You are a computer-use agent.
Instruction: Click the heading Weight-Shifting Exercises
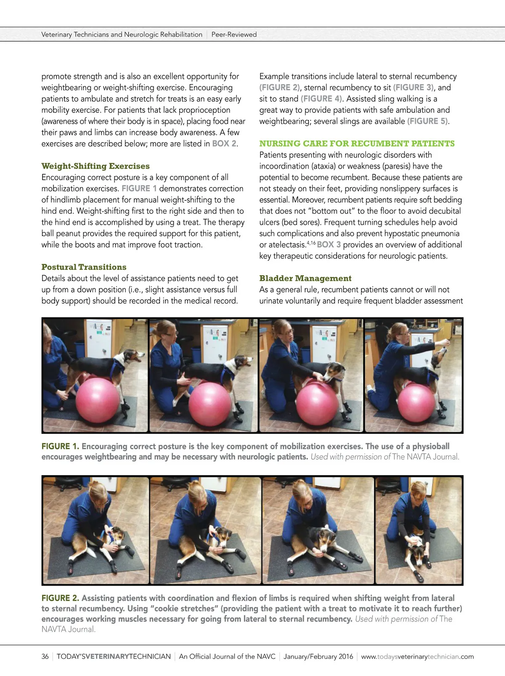coord(96,166)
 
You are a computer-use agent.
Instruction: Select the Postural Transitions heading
coord(84,267)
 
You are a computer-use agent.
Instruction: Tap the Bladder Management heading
coord(305,278)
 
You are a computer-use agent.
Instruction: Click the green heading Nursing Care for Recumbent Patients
coord(357,144)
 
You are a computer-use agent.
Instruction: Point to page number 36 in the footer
coord(45,656)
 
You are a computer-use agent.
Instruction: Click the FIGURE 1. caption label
coord(60,446)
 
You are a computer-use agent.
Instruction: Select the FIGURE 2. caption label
coord(60,598)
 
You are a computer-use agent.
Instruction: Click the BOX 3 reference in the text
coord(329,245)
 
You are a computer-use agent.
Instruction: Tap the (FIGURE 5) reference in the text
coord(428,121)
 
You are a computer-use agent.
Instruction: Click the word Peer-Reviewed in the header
coord(234,35)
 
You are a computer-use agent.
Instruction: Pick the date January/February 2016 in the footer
coord(319,656)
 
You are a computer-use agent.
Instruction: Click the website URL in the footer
coord(417,656)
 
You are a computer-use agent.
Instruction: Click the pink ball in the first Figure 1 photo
coord(97,400)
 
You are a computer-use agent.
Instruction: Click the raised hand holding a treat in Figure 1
coord(444,342)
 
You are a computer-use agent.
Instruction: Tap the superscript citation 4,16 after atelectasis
coord(311,243)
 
